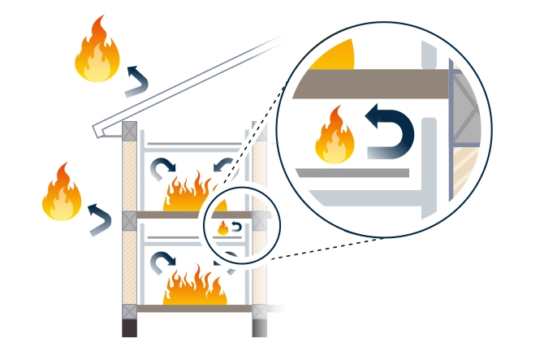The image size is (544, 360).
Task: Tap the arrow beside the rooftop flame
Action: pyautogui.click(x=137, y=80)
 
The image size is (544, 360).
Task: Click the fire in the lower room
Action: pyautogui.click(x=194, y=288)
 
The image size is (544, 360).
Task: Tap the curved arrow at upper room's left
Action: pyautogui.click(x=161, y=169)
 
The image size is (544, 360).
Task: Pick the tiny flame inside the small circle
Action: pyautogui.click(x=222, y=228)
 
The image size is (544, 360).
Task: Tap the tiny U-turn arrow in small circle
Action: pyautogui.click(x=235, y=227)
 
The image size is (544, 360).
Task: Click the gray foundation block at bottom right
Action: pyautogui.click(x=260, y=328)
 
